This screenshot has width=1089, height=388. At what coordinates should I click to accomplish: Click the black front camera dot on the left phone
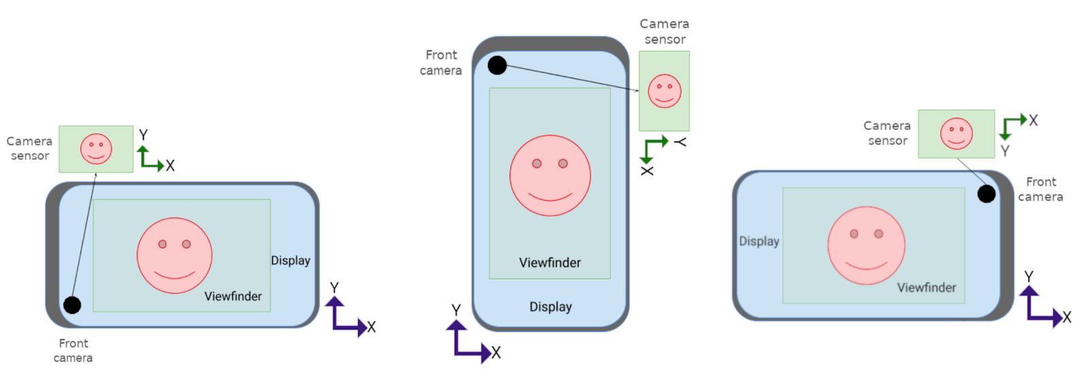[x=72, y=305]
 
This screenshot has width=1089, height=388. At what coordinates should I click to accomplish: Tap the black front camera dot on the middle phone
[x=498, y=65]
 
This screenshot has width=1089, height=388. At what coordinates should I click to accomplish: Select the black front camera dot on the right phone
[x=986, y=194]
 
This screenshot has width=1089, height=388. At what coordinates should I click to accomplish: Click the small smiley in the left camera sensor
[x=96, y=149]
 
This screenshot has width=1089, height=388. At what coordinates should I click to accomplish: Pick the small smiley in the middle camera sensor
[x=664, y=91]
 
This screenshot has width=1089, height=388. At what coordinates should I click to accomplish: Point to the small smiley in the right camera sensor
[x=956, y=133]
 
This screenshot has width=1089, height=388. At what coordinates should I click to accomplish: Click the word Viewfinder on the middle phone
[x=550, y=263]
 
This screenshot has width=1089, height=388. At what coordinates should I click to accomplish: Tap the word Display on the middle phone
[x=551, y=307]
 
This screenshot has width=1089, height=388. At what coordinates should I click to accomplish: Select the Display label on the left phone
[x=291, y=261]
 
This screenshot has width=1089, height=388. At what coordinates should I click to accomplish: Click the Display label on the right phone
[x=759, y=241]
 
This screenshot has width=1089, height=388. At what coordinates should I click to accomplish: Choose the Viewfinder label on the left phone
[x=233, y=296]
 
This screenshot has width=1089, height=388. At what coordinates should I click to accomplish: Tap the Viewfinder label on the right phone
[x=926, y=287]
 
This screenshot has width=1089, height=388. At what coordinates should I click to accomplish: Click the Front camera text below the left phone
[x=73, y=351]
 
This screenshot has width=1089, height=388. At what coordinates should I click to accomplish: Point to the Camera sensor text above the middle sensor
[x=664, y=31]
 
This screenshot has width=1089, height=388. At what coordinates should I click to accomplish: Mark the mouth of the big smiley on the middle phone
[x=550, y=197]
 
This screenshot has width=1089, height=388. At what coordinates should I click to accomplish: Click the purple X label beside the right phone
[x=1067, y=317]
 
